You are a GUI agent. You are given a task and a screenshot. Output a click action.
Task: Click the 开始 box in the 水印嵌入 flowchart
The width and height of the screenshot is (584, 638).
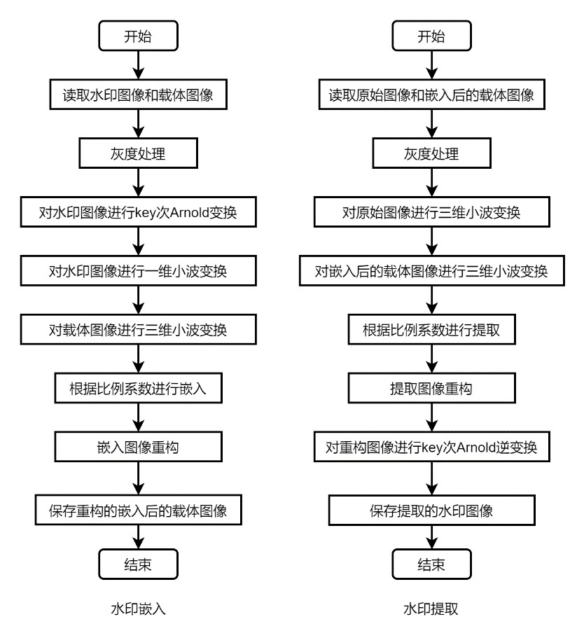pyautogui.click(x=138, y=37)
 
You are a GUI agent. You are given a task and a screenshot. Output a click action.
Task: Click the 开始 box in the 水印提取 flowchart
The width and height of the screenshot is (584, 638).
pyautogui.click(x=431, y=37)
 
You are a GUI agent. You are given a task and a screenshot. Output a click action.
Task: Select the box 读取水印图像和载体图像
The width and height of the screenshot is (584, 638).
pyautogui.click(x=138, y=95)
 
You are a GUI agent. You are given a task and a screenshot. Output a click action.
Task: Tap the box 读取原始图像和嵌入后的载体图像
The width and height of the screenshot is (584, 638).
pyautogui.click(x=431, y=95)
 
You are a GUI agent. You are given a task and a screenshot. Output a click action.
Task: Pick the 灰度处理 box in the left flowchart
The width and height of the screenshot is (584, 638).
pyautogui.click(x=138, y=154)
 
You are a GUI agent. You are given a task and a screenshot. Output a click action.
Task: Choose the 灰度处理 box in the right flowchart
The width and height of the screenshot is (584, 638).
pyautogui.click(x=431, y=154)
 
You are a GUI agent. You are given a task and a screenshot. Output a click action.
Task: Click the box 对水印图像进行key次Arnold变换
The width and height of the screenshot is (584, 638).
pyautogui.click(x=138, y=212)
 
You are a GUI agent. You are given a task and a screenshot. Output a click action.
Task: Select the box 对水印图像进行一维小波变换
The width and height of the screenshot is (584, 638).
pyautogui.click(x=138, y=271)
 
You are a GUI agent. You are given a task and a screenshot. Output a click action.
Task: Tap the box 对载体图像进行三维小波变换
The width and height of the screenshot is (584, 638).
pyautogui.click(x=138, y=329)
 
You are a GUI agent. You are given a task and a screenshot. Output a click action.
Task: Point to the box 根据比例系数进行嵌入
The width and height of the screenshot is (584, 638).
pyautogui.click(x=138, y=388)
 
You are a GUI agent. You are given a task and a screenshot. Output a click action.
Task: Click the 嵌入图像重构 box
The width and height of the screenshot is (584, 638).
pyautogui.click(x=138, y=446)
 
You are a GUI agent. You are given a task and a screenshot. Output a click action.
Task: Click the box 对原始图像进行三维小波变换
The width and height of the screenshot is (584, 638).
pyautogui.click(x=431, y=212)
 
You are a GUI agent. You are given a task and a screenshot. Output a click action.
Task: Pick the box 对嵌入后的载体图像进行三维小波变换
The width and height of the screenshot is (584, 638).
pyautogui.click(x=431, y=271)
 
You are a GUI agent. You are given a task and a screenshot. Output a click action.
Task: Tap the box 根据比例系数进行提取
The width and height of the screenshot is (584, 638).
pyautogui.click(x=431, y=329)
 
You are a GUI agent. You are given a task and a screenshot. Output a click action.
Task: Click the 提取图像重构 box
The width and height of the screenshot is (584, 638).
pyautogui.click(x=431, y=388)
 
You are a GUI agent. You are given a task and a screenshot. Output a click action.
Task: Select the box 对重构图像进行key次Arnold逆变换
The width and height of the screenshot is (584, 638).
pyautogui.click(x=431, y=446)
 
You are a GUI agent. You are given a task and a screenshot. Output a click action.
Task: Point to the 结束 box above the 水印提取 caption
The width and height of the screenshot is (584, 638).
pyautogui.click(x=431, y=564)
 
